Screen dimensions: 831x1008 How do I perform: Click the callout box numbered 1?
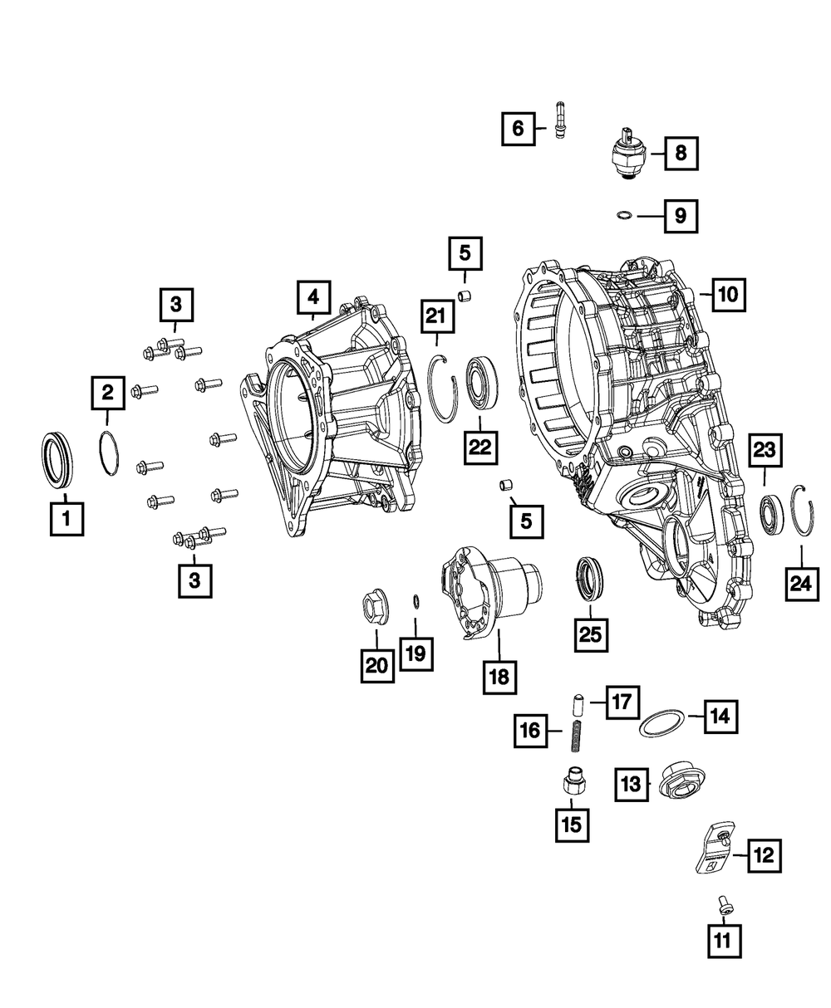click(x=66, y=519)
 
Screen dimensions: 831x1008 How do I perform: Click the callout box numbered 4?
click(x=314, y=297)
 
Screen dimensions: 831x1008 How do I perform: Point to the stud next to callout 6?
click(x=560, y=120)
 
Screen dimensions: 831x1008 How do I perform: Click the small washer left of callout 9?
click(x=624, y=215)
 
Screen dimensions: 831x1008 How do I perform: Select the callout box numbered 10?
click(x=729, y=295)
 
